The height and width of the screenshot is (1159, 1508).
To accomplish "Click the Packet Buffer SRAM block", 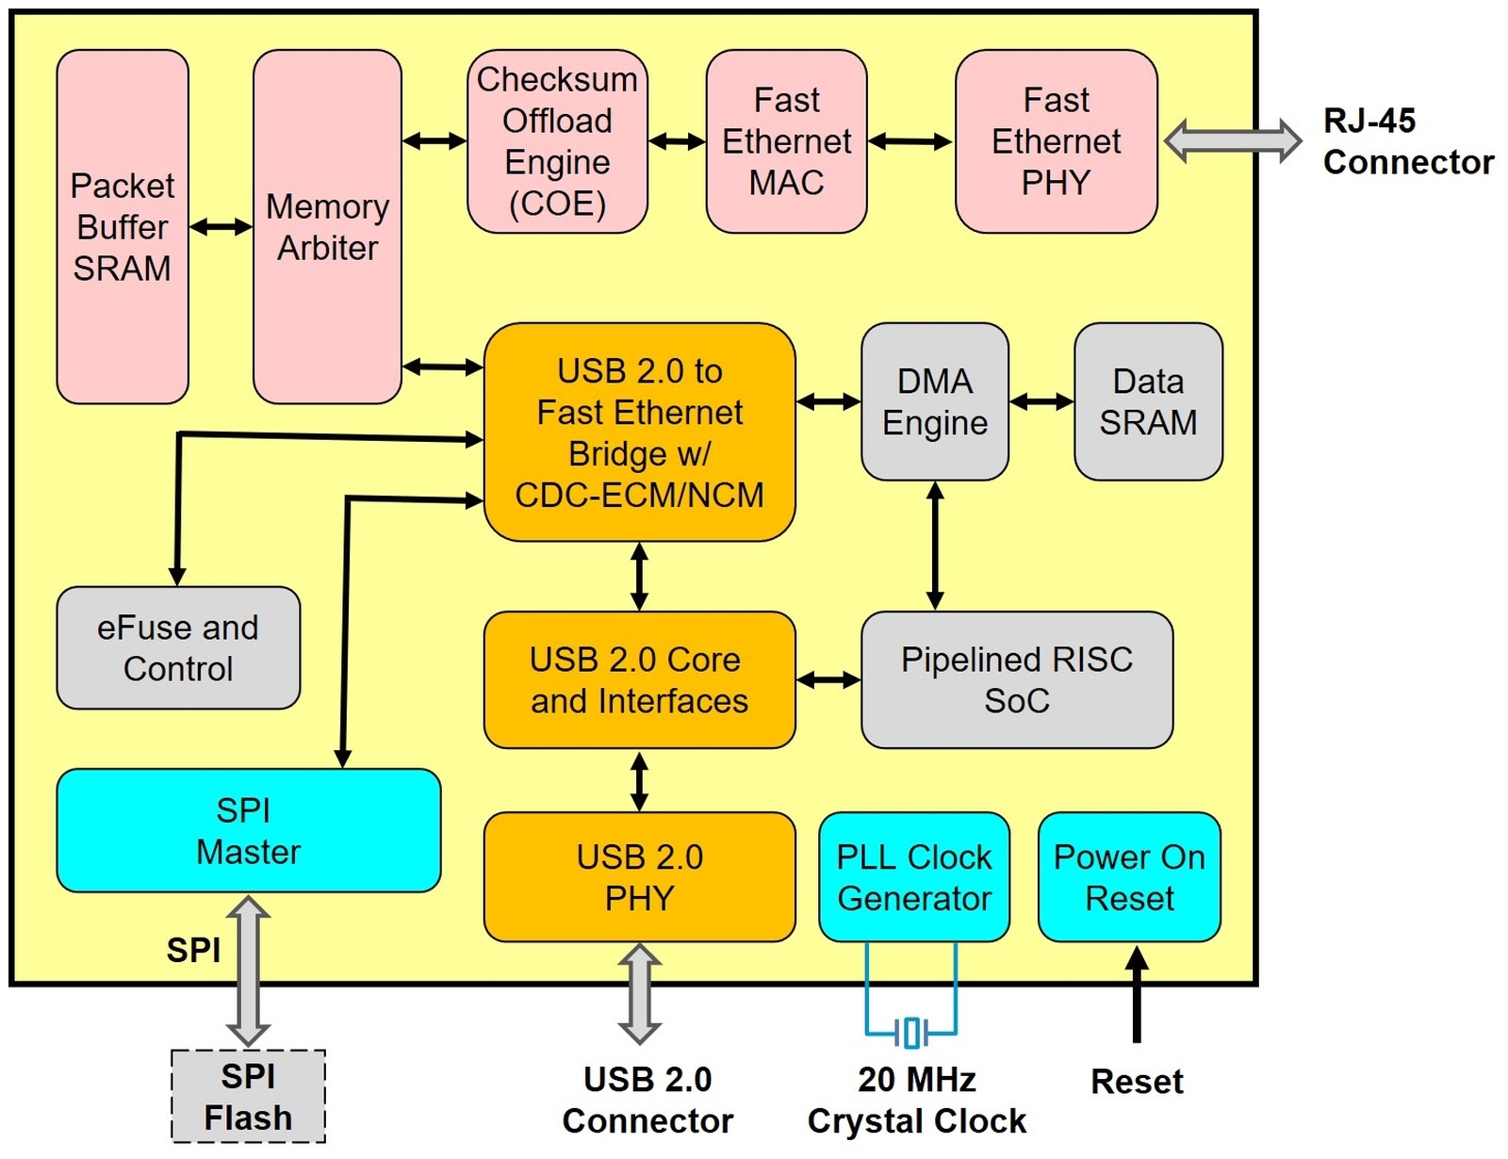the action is point(123,226).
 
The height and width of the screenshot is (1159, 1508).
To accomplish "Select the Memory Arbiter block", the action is point(327,226).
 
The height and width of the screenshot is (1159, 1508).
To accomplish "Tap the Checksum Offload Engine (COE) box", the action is point(557,140).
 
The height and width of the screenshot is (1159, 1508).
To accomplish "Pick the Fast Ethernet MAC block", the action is point(786,140).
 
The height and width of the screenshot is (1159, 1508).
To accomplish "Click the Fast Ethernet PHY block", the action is point(1057,140).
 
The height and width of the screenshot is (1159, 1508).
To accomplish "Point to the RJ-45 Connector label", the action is point(1408,141).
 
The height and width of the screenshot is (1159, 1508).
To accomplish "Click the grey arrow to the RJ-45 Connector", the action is point(1233,141).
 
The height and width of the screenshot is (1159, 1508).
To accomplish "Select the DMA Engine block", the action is point(935,401).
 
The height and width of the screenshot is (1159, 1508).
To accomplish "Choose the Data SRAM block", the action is point(1149,401).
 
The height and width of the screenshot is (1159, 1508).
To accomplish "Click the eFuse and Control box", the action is point(178,648).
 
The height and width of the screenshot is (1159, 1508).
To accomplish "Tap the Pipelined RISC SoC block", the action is point(1017,679).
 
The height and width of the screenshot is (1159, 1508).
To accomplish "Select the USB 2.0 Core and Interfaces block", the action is point(639,679).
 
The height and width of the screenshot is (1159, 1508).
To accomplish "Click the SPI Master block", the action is point(249,830).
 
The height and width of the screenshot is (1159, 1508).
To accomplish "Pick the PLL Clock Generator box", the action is point(914,876).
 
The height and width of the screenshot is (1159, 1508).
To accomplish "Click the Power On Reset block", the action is point(1129,876).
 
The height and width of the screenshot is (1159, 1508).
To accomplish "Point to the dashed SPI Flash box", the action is point(249,1097).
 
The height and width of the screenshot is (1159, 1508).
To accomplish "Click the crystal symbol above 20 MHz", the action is point(911,1033).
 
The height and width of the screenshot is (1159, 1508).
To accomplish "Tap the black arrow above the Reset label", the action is point(1136,994).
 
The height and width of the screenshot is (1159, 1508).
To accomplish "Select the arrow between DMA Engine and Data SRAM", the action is point(1041,400).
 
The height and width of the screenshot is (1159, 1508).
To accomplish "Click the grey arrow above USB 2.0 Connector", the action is point(639,994).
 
